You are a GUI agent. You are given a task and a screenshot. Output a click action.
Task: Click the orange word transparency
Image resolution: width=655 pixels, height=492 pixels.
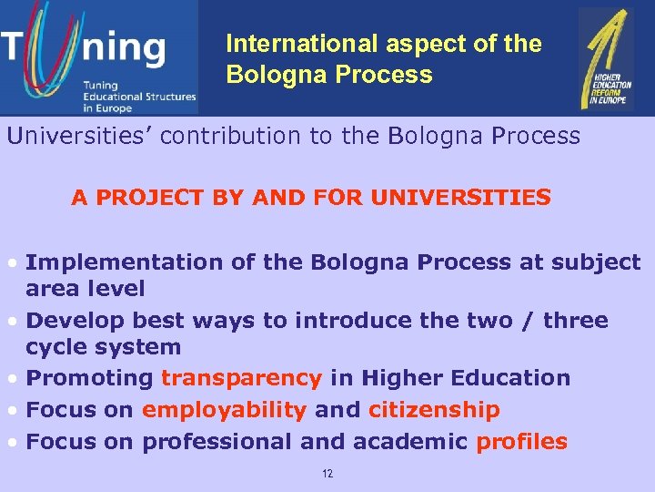pyautogui.click(x=241, y=378)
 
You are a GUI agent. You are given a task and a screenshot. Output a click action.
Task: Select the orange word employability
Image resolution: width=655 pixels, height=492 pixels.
pyautogui.click(x=224, y=410)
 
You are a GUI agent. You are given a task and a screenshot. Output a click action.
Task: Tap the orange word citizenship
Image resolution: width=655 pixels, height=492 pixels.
pyautogui.click(x=434, y=410)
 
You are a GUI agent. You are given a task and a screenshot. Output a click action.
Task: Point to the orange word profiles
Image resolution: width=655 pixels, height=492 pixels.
pyautogui.click(x=521, y=442)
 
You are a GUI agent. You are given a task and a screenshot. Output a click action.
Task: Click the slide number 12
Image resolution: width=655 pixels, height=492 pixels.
pyautogui.click(x=327, y=474)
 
